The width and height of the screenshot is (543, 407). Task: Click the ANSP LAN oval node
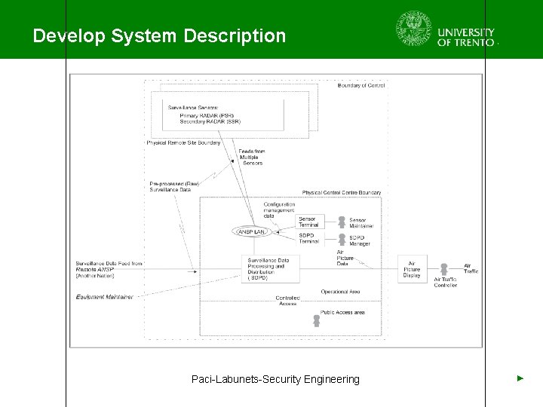[251, 231]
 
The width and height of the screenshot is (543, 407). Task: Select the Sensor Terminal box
[308, 222]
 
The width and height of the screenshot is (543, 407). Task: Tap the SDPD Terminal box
[308, 239]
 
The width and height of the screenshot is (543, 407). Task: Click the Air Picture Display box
[412, 269]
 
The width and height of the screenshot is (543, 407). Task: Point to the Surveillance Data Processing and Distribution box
[267, 269]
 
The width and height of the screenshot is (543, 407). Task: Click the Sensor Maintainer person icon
[341, 222]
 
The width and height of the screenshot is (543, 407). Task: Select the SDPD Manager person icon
[341, 240]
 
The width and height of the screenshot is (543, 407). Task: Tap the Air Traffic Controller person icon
[444, 269]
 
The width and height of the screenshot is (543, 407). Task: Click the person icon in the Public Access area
[317, 320]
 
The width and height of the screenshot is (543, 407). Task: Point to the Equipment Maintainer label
[104, 297]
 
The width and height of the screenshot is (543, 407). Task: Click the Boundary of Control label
[361, 86]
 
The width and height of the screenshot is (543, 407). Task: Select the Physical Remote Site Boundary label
[183, 142]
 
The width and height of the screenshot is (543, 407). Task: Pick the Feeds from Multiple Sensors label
[252, 157]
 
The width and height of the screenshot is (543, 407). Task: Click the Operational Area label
[340, 292]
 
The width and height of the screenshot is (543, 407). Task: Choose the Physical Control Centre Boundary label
[342, 193]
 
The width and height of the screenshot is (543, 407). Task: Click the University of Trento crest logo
[414, 29]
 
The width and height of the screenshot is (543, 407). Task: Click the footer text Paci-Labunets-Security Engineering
[275, 379]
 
